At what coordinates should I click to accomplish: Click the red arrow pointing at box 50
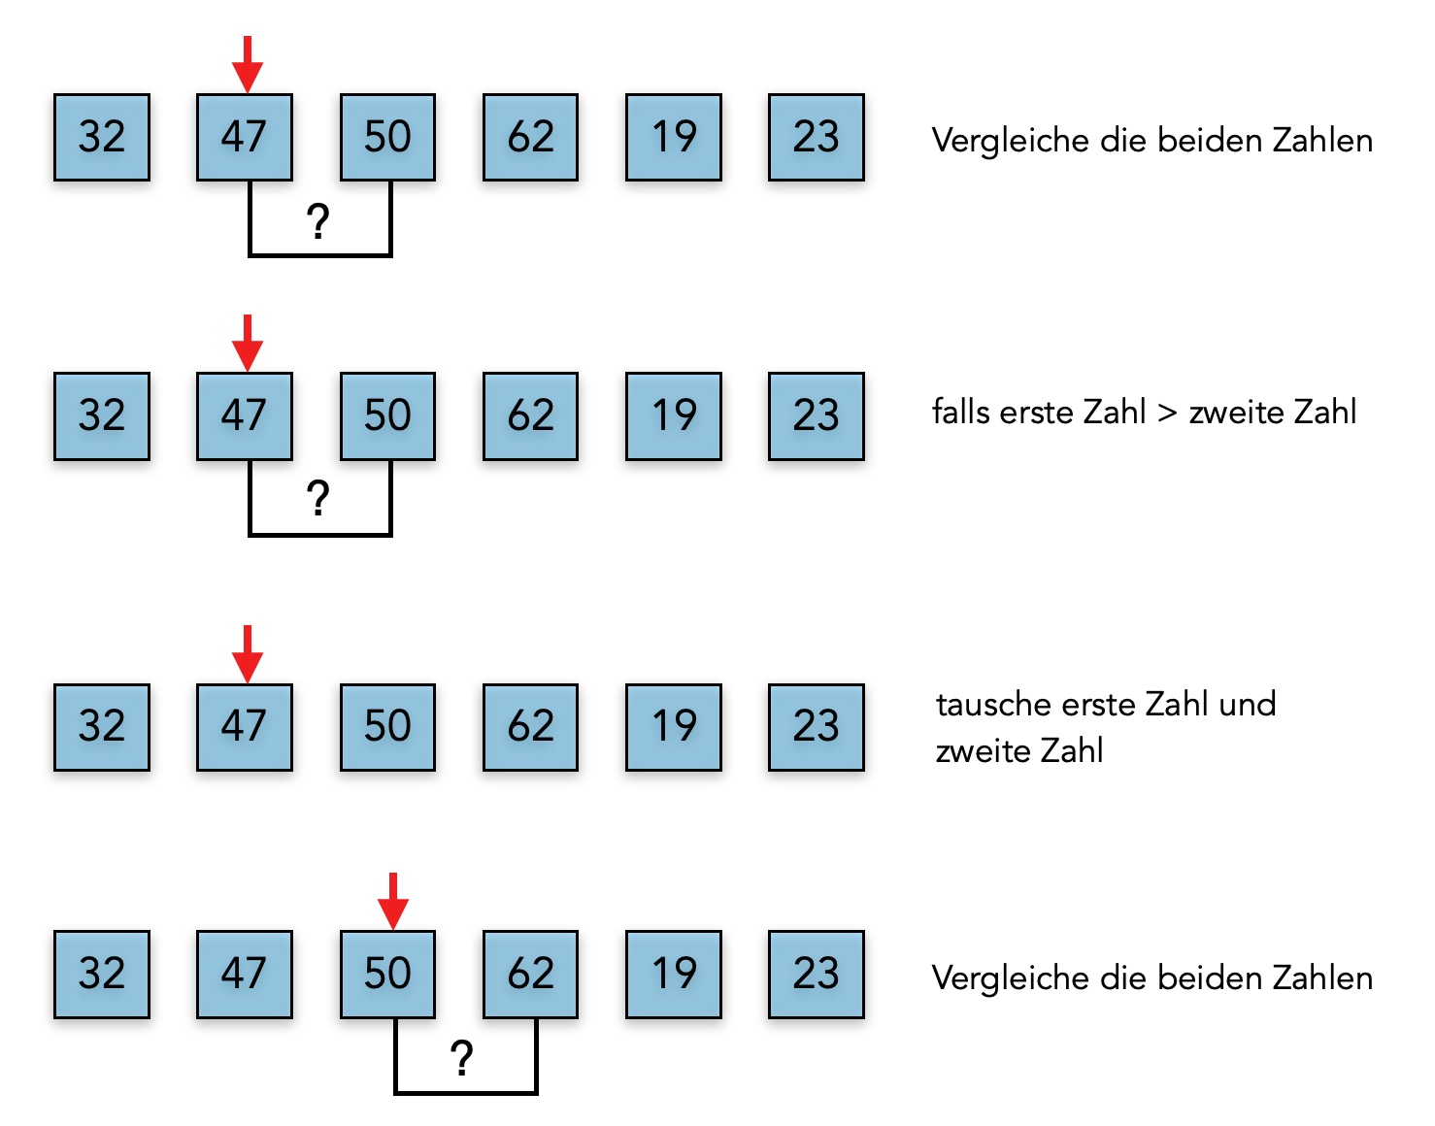392,901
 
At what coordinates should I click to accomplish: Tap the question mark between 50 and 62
462,1057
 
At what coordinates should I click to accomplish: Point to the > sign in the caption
1167,414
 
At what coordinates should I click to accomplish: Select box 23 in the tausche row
816,727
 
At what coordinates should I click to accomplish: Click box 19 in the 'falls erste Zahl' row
674,416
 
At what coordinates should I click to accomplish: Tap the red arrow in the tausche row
248,653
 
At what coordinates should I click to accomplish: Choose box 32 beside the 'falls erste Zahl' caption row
102,416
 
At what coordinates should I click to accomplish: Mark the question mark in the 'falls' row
318,499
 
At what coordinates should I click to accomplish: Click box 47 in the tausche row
244,727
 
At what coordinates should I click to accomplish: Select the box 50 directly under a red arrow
387,975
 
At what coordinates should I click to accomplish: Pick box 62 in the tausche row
530,727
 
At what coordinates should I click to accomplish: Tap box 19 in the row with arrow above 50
674,975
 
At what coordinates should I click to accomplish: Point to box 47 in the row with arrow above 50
244,975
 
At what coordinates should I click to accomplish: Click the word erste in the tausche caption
1098,705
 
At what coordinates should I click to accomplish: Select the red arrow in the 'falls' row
248,343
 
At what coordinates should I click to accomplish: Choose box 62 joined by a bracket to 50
530,975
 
